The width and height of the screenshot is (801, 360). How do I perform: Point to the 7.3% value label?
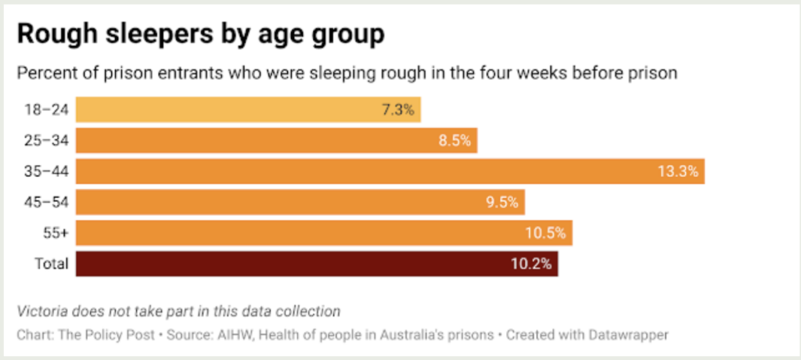point(397,110)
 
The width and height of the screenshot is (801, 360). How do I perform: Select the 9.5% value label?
point(501,202)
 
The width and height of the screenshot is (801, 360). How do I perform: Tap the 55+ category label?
point(56,232)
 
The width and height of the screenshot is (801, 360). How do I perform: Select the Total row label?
point(52,263)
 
